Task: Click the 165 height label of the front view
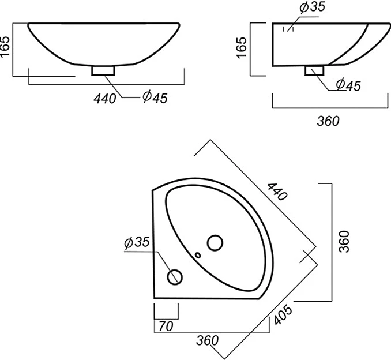(5, 47)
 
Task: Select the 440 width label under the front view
(105, 99)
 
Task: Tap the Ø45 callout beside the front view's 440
(155, 97)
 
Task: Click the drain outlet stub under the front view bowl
(103, 70)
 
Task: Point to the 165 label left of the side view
(242, 48)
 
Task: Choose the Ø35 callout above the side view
(313, 7)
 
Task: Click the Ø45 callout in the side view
(348, 85)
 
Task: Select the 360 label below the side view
(328, 121)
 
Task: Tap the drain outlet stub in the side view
(314, 70)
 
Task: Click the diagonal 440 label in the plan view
(277, 192)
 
